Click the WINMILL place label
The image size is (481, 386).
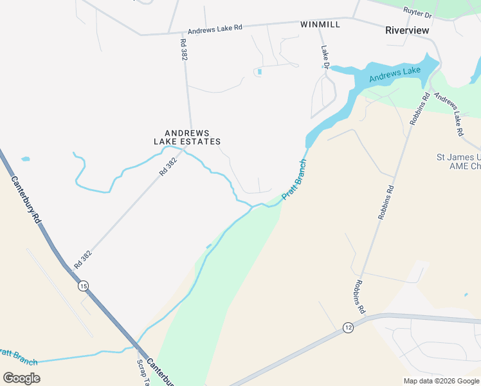click(319, 24)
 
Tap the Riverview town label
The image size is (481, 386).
click(407, 30)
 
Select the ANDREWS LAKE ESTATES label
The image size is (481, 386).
click(187, 136)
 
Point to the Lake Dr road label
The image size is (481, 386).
click(325, 57)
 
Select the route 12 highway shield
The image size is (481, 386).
click(348, 327)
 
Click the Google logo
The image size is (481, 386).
click(21, 378)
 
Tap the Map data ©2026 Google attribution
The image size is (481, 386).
click(440, 381)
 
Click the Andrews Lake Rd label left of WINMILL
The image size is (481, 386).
click(215, 29)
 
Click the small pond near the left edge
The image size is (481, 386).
click(25, 159)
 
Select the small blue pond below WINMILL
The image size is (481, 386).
click(259, 71)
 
